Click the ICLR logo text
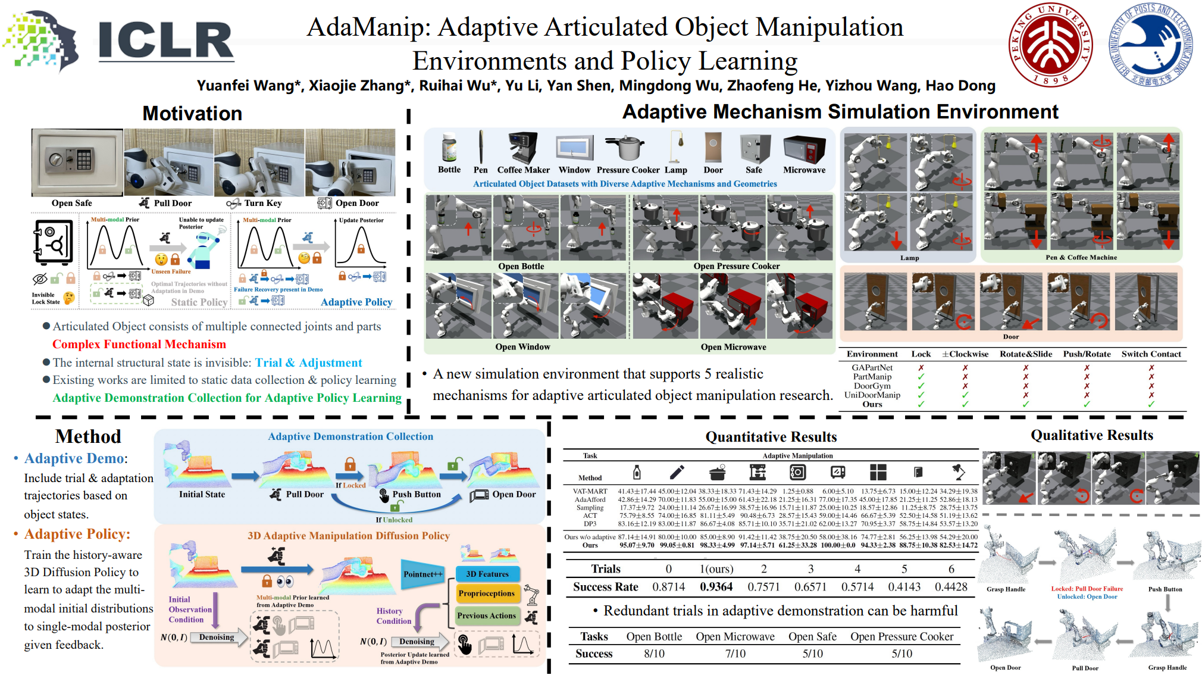click(165, 40)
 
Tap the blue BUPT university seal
click(1151, 45)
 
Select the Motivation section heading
click(192, 113)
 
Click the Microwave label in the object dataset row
click(804, 170)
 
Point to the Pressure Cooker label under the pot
click(628, 170)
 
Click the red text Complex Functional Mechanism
click(139, 344)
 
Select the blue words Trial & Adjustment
click(308, 362)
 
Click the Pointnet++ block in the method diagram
click(423, 574)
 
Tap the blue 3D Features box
click(487, 574)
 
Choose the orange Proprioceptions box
click(487, 593)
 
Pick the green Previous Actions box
click(487, 615)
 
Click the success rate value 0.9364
click(716, 587)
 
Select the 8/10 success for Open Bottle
click(654, 654)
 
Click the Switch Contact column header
click(1151, 354)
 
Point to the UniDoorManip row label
click(872, 395)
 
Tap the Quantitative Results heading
click(771, 437)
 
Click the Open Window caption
click(522, 346)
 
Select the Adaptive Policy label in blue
click(356, 302)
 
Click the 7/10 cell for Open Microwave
click(735, 654)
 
